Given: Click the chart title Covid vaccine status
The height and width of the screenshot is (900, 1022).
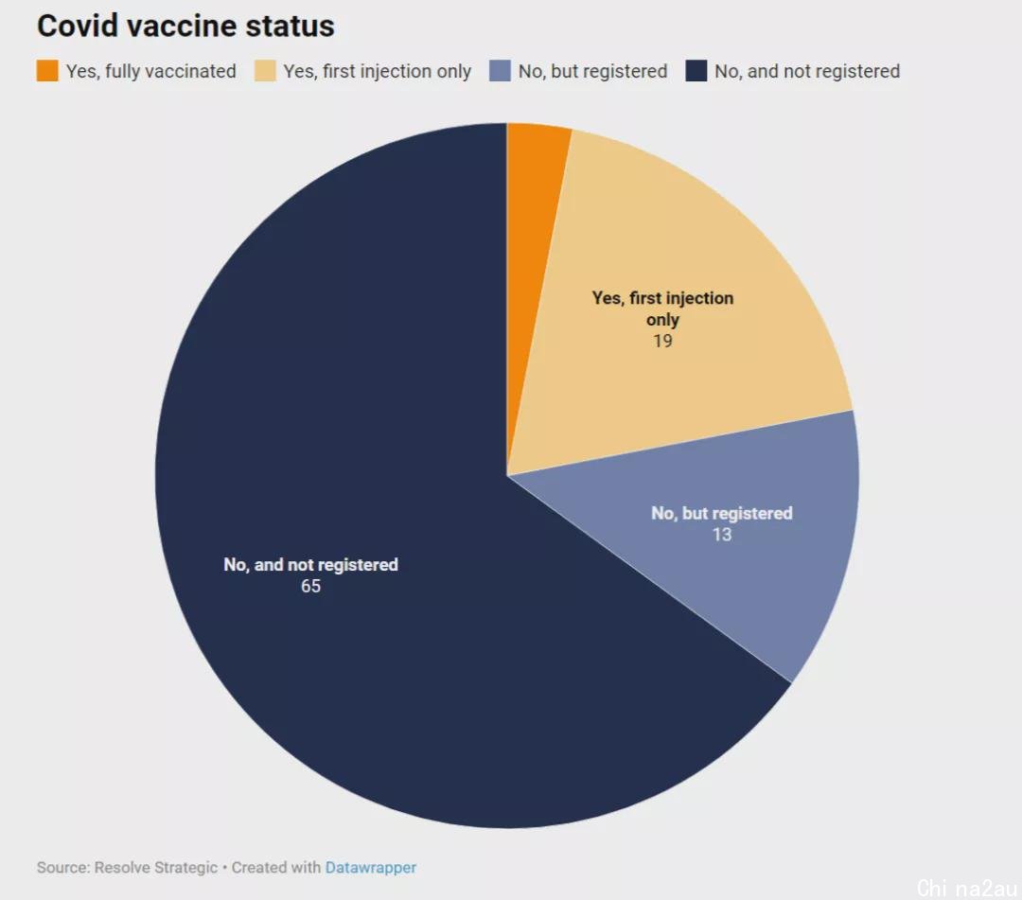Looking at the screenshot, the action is pyautogui.click(x=185, y=26).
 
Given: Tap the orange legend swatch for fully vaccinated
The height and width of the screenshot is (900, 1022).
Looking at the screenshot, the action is pyautogui.click(x=47, y=70).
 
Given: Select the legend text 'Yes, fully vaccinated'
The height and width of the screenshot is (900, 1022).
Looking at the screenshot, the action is pyautogui.click(x=151, y=71).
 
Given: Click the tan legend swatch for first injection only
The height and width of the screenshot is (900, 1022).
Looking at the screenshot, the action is pyautogui.click(x=265, y=70).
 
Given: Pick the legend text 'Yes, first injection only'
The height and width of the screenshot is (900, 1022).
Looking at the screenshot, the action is pyautogui.click(x=378, y=71).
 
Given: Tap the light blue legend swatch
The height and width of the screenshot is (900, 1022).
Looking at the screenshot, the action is pyautogui.click(x=500, y=70).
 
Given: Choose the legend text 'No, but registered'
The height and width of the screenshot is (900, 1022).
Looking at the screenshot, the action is pyautogui.click(x=593, y=71).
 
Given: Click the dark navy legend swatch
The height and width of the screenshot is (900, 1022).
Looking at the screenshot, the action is pyautogui.click(x=696, y=70).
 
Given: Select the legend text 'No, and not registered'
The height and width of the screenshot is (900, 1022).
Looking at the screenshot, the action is pyautogui.click(x=807, y=71).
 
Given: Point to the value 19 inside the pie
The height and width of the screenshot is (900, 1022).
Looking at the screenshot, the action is pyautogui.click(x=662, y=341).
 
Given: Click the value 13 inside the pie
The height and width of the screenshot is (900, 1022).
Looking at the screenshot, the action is pyautogui.click(x=722, y=535).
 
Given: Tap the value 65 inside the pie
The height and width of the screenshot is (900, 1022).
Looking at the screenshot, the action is pyautogui.click(x=311, y=586).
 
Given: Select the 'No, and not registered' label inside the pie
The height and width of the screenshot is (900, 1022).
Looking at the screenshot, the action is pyautogui.click(x=311, y=564).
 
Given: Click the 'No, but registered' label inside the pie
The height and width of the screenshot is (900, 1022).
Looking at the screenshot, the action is pyautogui.click(x=722, y=513).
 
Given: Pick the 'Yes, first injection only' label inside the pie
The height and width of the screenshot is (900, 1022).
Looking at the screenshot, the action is pyautogui.click(x=662, y=309).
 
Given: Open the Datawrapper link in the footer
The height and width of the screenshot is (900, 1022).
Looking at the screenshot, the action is pyautogui.click(x=371, y=868).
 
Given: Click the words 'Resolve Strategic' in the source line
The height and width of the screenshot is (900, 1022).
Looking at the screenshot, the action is pyautogui.click(x=156, y=868).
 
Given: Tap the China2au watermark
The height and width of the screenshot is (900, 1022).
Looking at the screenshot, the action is pyautogui.click(x=967, y=888).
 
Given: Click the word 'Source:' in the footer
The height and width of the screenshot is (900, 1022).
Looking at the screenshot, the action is pyautogui.click(x=63, y=868).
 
